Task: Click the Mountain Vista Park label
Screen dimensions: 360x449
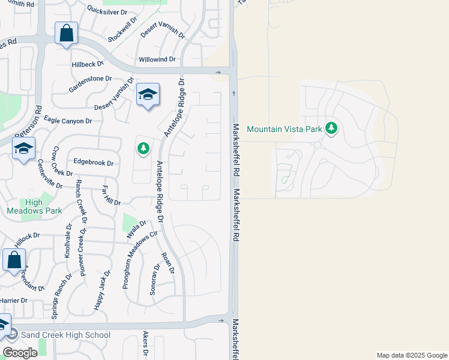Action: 285,128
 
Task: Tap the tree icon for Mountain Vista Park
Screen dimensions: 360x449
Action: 331,128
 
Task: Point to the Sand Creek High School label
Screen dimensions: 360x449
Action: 65,335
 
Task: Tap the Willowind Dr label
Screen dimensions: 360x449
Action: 157,59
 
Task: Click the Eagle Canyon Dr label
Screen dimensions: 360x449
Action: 68,121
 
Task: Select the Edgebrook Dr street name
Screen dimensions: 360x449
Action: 93,162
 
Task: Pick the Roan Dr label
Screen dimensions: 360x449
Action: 167,263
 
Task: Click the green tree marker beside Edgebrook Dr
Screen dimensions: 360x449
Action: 143,148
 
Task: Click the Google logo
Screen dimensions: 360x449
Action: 20,352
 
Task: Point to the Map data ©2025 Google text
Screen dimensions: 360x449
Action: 411,355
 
